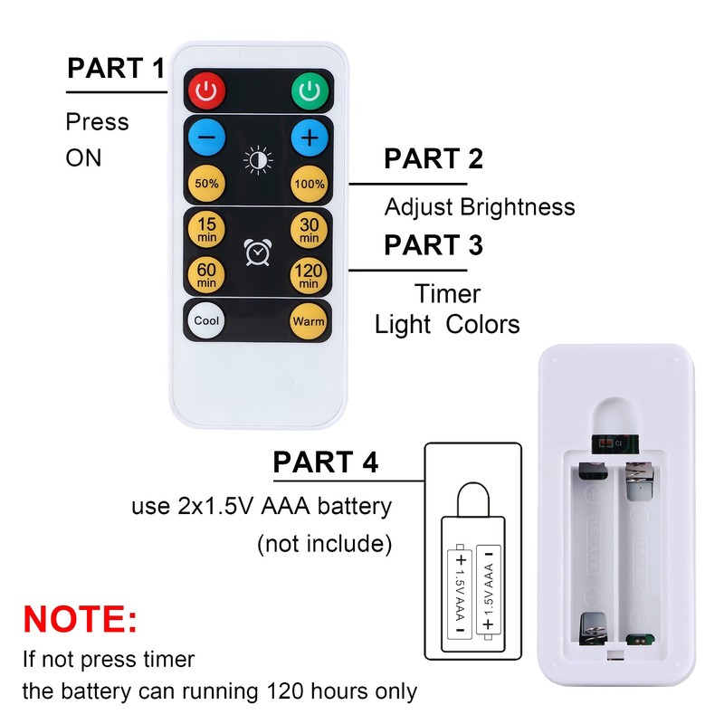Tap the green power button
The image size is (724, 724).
[x=310, y=91]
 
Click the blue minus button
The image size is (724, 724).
[x=207, y=138]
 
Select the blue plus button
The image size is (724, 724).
[x=310, y=138]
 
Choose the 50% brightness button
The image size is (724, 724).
[x=207, y=184]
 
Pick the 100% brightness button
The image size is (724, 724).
[x=310, y=184]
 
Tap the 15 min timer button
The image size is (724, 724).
[x=206, y=230]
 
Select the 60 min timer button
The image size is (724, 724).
[x=206, y=275]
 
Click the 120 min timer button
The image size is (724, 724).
[x=309, y=275]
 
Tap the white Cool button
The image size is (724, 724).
[x=206, y=320]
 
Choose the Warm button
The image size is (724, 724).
[x=309, y=321]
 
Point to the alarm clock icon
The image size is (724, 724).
[x=258, y=252]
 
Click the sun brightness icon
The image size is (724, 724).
[x=258, y=160]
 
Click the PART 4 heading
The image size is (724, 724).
[x=326, y=462]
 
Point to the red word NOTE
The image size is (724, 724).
[x=80, y=619]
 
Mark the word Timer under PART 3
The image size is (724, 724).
[x=447, y=293]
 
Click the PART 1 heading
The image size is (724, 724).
[x=116, y=68]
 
